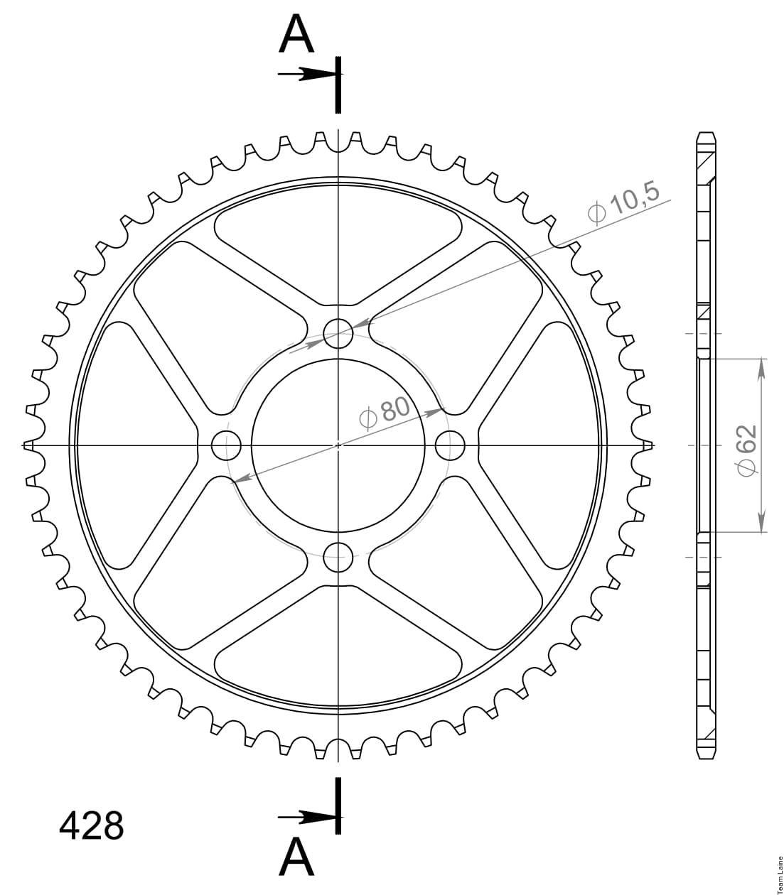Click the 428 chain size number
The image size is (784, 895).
tap(92, 826)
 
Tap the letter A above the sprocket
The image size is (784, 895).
tap(296, 33)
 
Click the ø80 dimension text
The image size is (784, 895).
tap(385, 412)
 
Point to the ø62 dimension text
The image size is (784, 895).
tap(747, 450)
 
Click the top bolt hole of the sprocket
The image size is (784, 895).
tap(338, 334)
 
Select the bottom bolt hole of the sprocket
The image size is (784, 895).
tap(338, 558)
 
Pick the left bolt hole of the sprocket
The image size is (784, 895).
tap(226, 446)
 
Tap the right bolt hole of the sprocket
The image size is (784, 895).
tap(450, 446)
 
